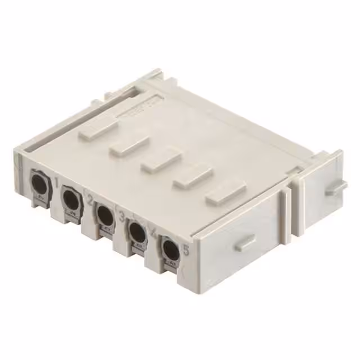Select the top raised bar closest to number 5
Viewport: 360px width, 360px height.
(x=226, y=193)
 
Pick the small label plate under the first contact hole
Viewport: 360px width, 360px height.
(x=39, y=197)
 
